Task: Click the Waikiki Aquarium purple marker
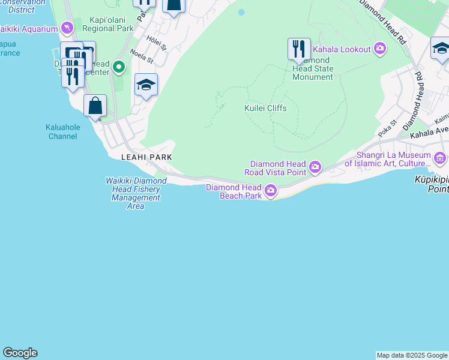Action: pyautogui.click(x=67, y=28)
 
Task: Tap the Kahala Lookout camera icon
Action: pyautogui.click(x=379, y=49)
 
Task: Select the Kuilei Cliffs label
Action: pyautogui.click(x=265, y=108)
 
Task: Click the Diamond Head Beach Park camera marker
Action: pyautogui.click(x=271, y=191)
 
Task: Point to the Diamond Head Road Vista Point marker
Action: pyautogui.click(x=315, y=166)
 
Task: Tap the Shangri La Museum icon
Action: pyautogui.click(x=440, y=158)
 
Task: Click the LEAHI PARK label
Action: pyautogui.click(x=146, y=157)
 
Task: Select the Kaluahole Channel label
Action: pyautogui.click(x=61, y=131)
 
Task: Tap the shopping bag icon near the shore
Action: pyautogui.click(x=95, y=106)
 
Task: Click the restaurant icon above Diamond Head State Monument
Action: pyautogui.click(x=299, y=49)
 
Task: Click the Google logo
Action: pyautogui.click(x=20, y=353)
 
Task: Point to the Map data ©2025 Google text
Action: pyautogui.click(x=412, y=355)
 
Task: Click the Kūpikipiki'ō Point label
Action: pyautogui.click(x=432, y=184)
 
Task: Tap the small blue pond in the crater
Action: pyautogui.click(x=241, y=12)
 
